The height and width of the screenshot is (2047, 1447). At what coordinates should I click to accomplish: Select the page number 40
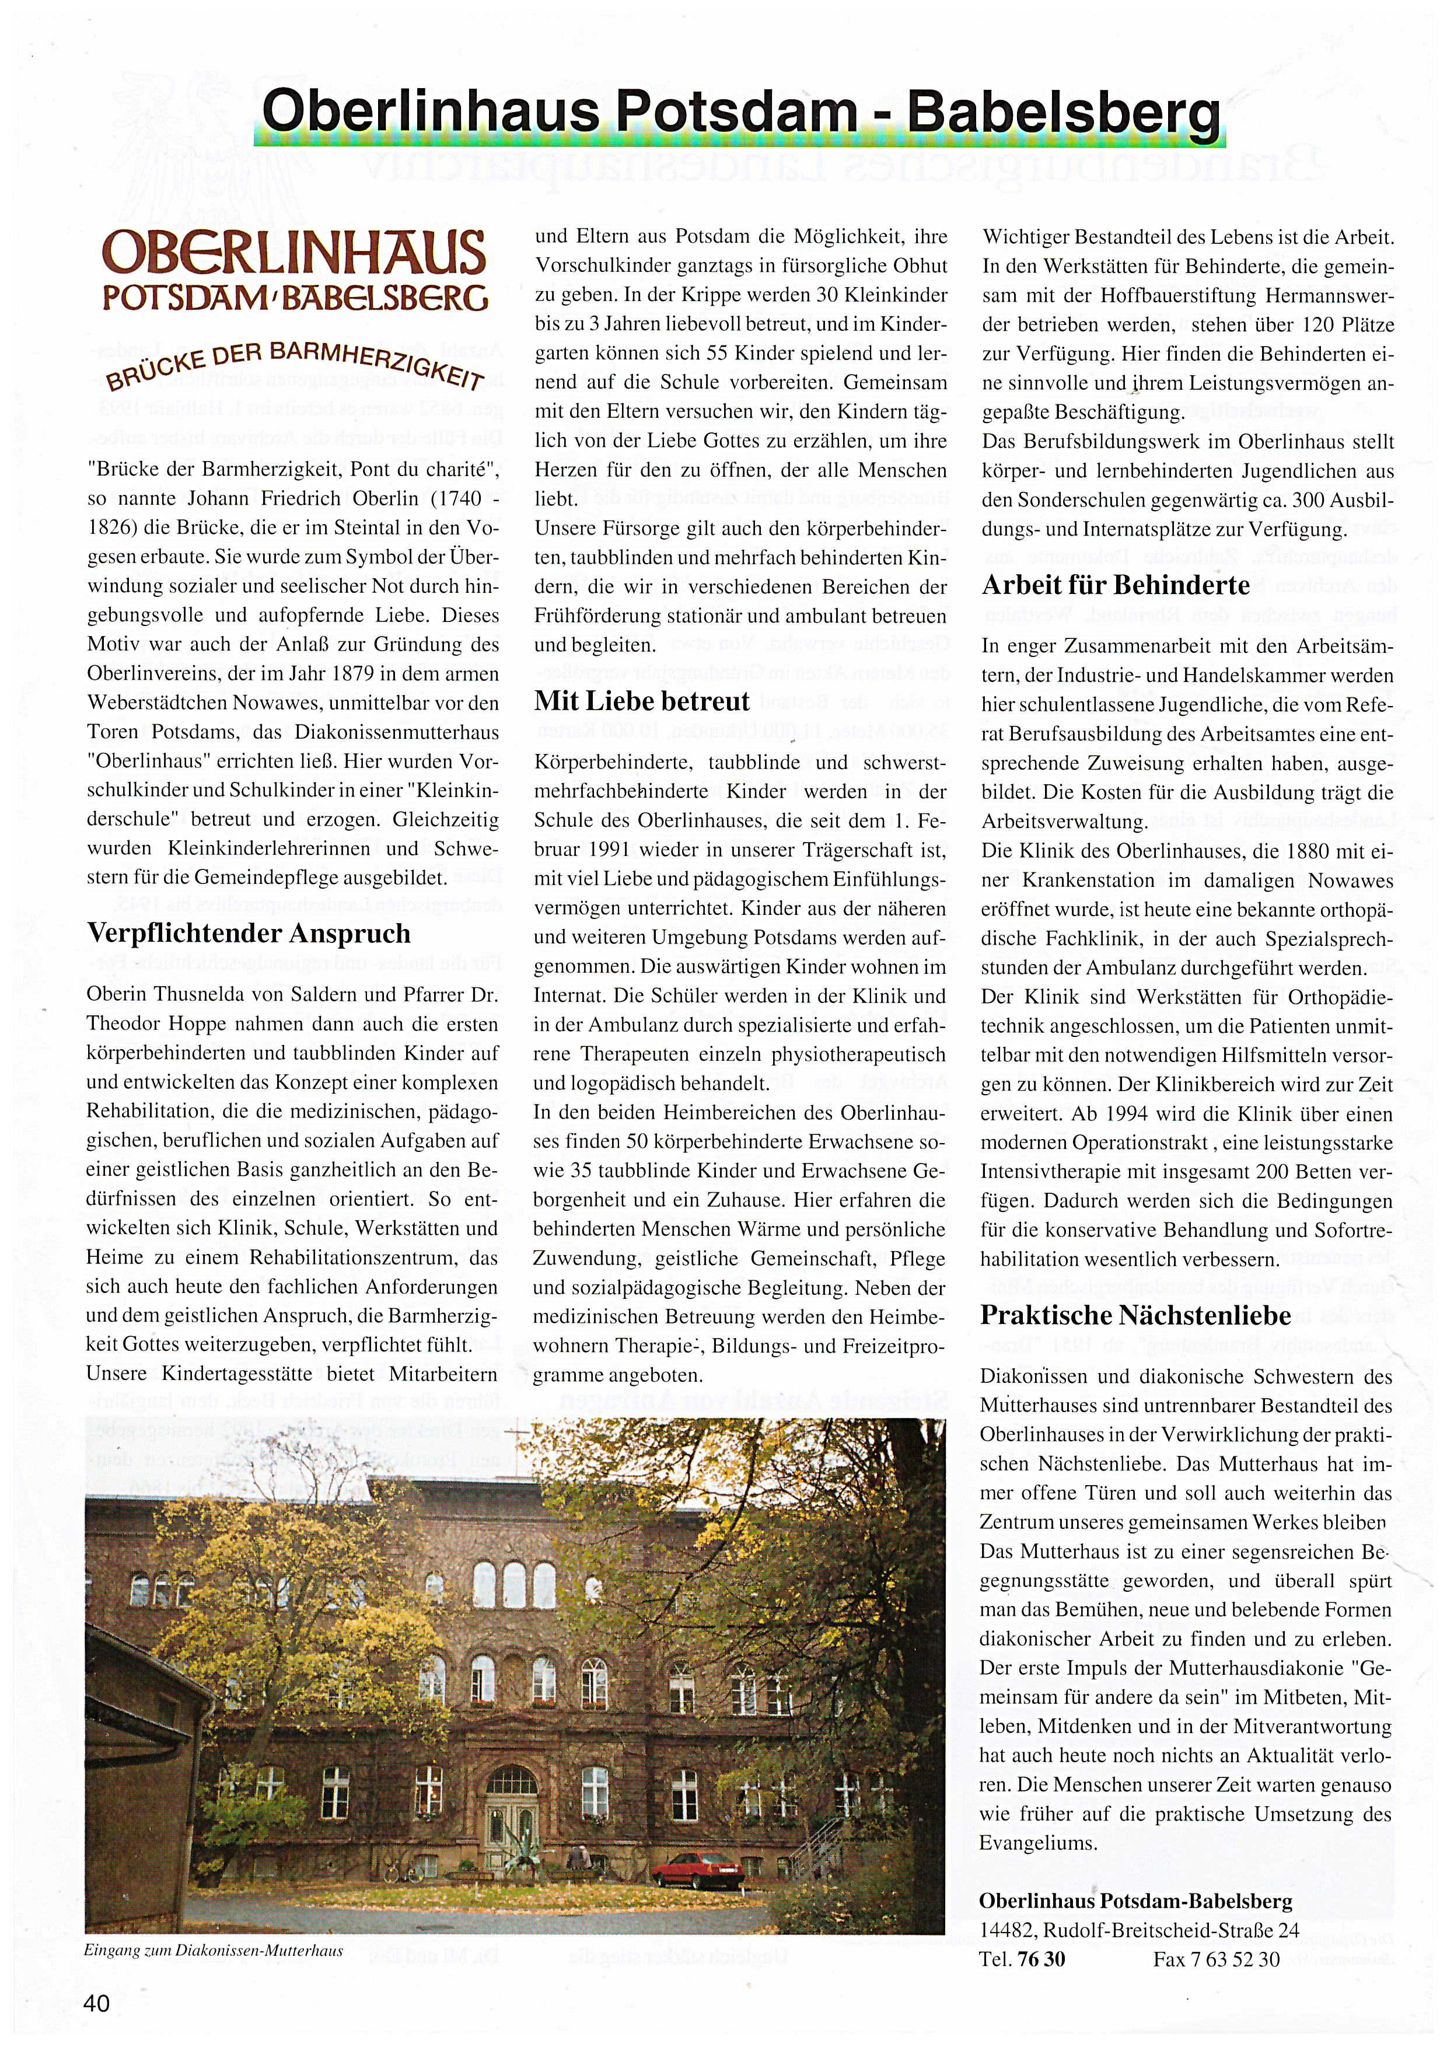[96, 2003]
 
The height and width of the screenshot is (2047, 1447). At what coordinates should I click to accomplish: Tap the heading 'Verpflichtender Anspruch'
[249, 934]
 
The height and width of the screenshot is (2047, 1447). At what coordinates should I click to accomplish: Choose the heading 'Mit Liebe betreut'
[642, 701]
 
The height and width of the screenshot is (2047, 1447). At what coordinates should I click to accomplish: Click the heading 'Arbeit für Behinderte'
[1116, 585]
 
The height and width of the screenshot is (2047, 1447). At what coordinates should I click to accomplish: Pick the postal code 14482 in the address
[1006, 1930]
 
